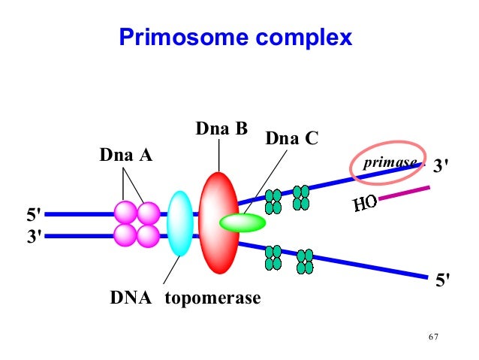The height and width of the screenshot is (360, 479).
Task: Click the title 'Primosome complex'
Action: coord(235,37)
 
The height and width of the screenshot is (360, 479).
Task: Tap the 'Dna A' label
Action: coord(125,156)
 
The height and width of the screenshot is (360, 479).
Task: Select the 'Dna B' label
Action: coord(221,129)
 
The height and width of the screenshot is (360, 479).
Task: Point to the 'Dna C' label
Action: coord(292,139)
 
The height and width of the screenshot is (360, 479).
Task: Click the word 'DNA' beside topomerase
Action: coord(131,298)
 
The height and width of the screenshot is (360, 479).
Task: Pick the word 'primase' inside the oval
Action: coord(390,163)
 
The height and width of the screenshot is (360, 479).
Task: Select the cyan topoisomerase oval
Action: coord(179,223)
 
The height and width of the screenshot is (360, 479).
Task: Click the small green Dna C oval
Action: coord(243,222)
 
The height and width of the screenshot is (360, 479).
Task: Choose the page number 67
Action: coord(432,335)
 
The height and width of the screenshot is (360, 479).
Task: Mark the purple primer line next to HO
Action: coord(405,193)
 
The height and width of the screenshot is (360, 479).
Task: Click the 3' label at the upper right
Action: coord(444,166)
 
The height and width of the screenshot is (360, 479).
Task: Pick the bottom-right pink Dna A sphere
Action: coord(148,236)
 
